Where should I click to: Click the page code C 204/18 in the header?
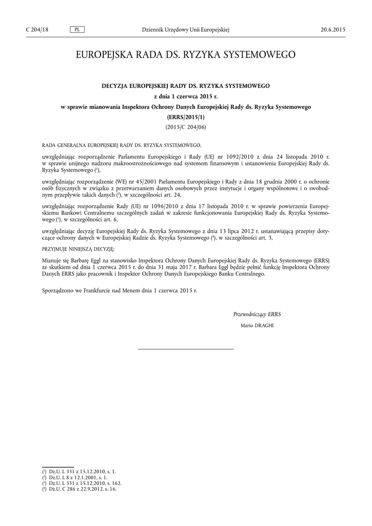click(x=37, y=30)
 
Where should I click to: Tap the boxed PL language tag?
click(x=76, y=30)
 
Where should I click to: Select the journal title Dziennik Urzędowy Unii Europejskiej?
click(x=185, y=30)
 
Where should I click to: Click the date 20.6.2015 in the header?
click(x=333, y=30)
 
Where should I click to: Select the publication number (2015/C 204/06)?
click(x=185, y=126)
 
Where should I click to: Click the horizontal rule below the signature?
click(x=186, y=349)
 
